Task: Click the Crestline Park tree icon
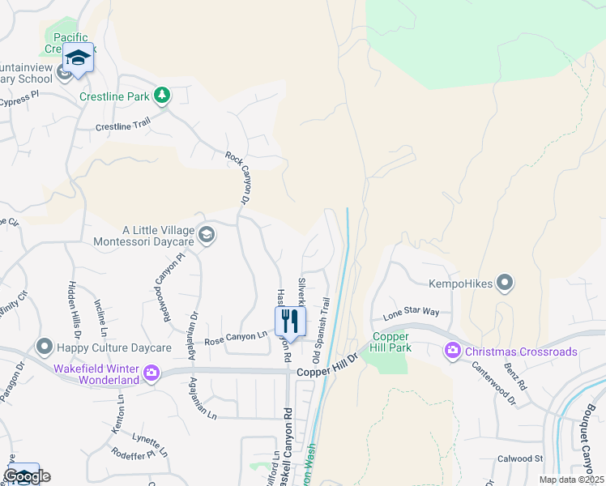162,96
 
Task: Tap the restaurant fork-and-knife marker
291,320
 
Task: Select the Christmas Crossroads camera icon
452,351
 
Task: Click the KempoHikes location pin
505,283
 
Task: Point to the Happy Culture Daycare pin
44,347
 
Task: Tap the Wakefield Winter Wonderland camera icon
151,373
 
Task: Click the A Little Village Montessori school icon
206,235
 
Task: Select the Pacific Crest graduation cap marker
78,58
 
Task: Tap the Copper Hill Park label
391,342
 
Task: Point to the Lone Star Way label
411,312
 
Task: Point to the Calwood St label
520,458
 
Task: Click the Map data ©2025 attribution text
570,480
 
